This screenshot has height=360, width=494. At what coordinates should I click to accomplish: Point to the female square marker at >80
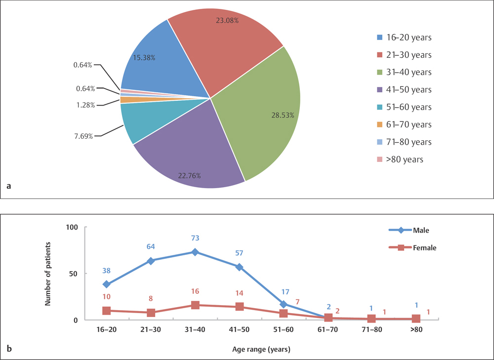[x=416, y=319]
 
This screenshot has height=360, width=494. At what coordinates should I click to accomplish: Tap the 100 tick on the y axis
[x=73, y=228]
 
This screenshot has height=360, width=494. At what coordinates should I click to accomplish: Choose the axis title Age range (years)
[x=261, y=350]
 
